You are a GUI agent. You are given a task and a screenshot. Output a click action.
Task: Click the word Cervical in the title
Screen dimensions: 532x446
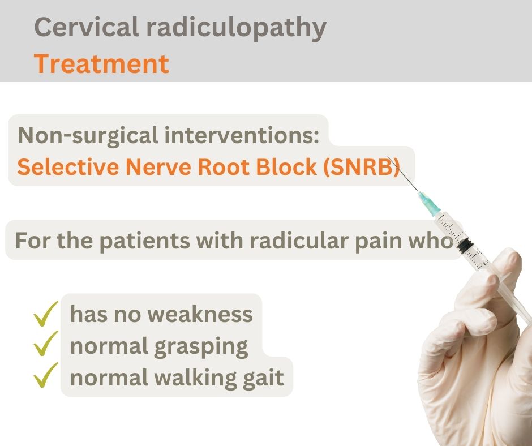[x=87, y=27]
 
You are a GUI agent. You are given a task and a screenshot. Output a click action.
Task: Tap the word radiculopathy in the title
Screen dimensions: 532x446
[x=236, y=28]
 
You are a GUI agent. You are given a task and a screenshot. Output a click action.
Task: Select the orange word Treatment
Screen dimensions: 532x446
[x=101, y=64]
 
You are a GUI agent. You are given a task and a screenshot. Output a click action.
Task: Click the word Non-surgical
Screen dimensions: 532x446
[x=88, y=136]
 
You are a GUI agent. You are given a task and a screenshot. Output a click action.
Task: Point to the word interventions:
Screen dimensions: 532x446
[x=242, y=135]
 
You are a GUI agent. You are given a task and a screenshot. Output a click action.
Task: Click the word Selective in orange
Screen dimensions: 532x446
[x=68, y=167]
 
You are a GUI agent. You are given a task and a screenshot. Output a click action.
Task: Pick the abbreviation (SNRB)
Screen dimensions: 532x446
[x=362, y=168]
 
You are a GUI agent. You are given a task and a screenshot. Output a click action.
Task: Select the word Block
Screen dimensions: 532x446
[x=286, y=167]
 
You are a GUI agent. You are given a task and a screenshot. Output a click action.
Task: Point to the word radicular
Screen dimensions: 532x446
[x=299, y=241]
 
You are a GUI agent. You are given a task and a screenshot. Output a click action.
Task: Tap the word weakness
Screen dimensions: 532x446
[x=200, y=314]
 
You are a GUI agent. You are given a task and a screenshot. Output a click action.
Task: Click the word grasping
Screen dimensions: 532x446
[x=201, y=347]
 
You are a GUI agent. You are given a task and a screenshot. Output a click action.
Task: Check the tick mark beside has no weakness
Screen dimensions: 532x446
[x=46, y=314]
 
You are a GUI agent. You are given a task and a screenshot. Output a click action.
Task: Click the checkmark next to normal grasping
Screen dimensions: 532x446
[x=46, y=343]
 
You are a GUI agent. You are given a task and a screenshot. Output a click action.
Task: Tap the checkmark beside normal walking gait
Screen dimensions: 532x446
[x=46, y=375]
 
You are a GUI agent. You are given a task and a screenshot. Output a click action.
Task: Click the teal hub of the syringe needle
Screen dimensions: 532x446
[x=429, y=203]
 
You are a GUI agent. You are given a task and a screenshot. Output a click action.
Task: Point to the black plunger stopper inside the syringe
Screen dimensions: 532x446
[x=464, y=244]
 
